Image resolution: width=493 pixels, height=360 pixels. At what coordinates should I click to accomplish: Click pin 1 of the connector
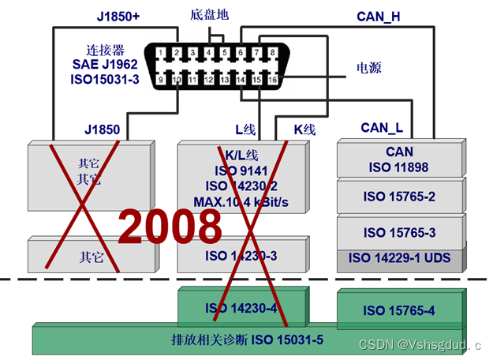click(160, 53)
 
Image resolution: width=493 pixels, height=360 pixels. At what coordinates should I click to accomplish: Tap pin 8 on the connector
click(273, 53)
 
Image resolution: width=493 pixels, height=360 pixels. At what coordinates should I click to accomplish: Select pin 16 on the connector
click(273, 80)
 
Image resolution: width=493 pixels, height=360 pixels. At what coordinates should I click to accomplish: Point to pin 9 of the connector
click(160, 80)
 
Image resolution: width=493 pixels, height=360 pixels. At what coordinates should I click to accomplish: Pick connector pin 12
click(208, 80)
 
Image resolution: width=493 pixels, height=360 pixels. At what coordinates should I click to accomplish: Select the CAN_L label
click(382, 127)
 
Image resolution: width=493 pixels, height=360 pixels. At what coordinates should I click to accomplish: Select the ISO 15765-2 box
click(399, 196)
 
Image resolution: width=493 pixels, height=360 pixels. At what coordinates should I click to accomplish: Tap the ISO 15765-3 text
click(399, 232)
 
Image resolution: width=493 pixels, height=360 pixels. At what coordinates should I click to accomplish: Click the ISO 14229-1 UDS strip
click(399, 257)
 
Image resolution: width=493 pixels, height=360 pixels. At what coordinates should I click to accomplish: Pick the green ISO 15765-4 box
click(399, 310)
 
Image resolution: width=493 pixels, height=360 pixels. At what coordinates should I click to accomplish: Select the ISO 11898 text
click(399, 167)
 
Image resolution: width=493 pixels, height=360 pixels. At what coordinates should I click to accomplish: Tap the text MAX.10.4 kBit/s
click(241, 201)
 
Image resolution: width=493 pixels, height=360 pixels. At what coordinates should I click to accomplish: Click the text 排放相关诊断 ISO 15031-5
click(248, 340)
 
